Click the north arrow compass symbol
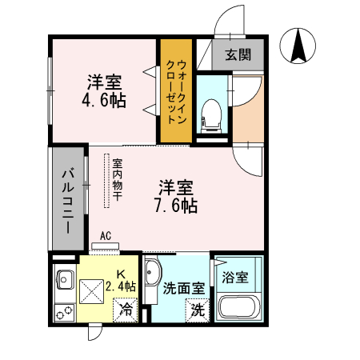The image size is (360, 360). coord(298,46)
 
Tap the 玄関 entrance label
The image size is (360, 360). coord(237,55)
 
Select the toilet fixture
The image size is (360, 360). coord(211,114)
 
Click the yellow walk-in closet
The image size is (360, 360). coord(174,90)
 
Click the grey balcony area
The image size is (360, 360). coord(70,198)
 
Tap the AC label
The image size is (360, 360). coord(106,237)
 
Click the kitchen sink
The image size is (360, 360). coord(64,281)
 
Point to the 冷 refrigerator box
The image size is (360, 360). coord(126,307)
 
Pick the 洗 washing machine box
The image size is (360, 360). coord(196,309)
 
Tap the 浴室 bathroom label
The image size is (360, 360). coord(235,278)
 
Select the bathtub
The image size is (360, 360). coord(236,308)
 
